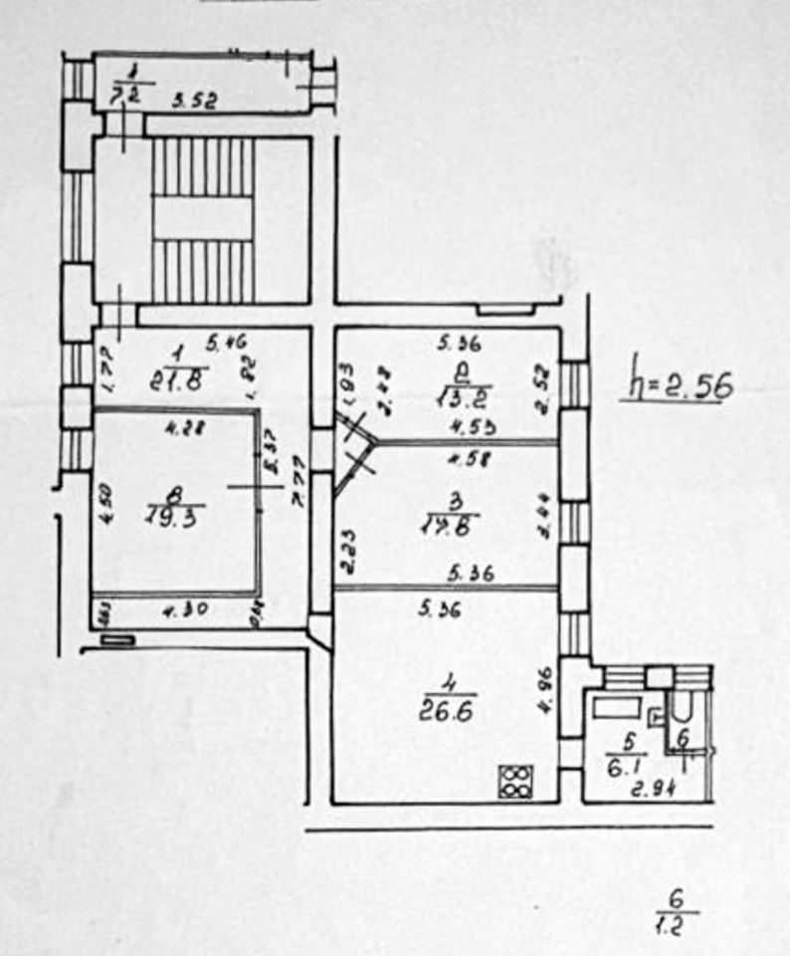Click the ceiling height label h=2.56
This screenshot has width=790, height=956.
coord(680,382)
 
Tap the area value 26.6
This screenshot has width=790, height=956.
coord(448,713)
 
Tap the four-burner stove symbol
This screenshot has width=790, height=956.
coord(515,780)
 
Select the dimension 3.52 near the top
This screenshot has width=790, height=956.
coord(194,100)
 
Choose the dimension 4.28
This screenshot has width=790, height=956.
coord(182,430)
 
